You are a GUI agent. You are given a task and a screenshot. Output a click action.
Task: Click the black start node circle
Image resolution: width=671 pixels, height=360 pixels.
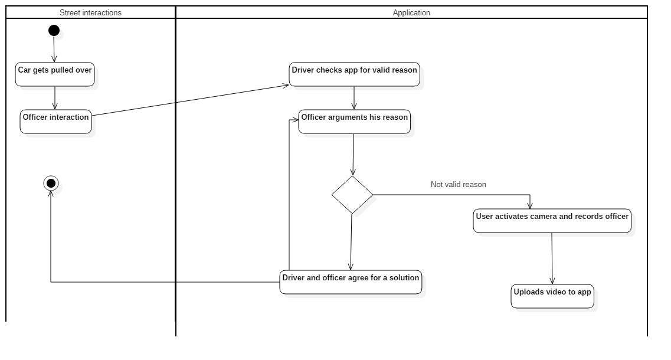click(54, 31)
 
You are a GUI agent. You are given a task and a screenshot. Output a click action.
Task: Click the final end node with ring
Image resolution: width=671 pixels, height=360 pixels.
click(51, 184)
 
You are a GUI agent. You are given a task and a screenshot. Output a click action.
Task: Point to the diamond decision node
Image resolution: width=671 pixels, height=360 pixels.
click(352, 195)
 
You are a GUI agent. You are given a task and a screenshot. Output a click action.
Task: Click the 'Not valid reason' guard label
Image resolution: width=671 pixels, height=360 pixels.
click(459, 185)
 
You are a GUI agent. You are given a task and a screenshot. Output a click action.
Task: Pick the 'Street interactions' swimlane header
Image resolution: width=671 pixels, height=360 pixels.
click(90, 12)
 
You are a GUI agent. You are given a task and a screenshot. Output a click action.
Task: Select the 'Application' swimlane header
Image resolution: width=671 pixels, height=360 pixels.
click(411, 12)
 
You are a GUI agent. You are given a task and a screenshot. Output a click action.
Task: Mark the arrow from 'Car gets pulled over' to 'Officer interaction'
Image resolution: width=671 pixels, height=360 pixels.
click(55, 98)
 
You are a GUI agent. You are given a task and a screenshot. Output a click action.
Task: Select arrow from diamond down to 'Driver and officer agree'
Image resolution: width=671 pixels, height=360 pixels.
click(351, 242)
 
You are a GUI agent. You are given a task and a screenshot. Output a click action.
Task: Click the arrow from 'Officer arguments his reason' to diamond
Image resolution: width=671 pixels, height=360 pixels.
click(353, 155)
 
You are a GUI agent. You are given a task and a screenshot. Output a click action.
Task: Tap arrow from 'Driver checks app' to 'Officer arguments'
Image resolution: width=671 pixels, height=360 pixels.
click(354, 98)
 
